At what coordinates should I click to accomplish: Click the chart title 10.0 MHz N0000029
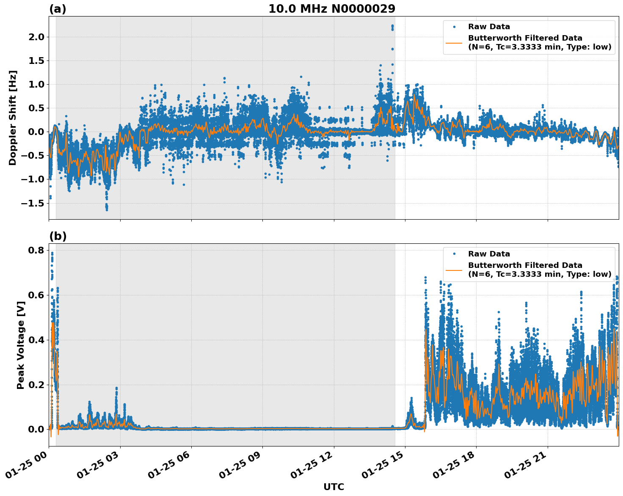click(x=331, y=9)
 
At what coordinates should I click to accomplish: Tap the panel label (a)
click(x=58, y=9)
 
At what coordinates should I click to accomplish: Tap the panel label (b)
click(x=58, y=236)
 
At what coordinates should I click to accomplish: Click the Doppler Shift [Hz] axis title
click(x=13, y=118)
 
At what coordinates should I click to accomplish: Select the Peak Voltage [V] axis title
click(x=20, y=345)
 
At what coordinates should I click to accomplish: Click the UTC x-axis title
click(x=334, y=487)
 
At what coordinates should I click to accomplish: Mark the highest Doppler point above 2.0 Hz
click(x=392, y=25)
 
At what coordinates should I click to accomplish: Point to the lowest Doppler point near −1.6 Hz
click(x=107, y=209)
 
